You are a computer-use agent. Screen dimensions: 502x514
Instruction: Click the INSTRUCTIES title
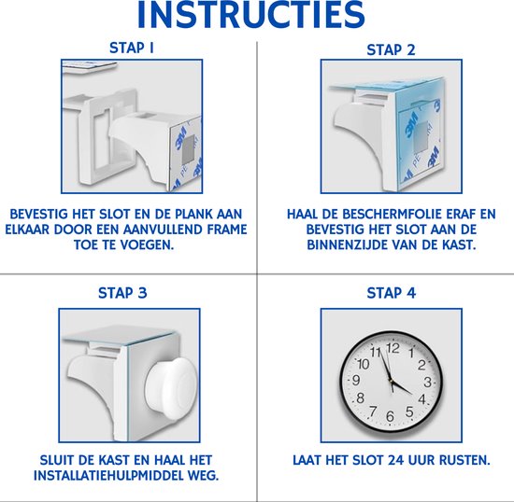coord(256,16)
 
